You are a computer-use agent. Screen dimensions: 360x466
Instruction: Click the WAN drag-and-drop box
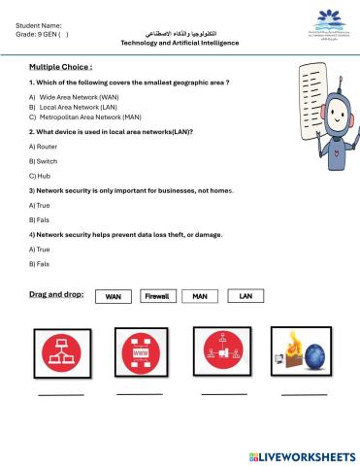tap(113, 296)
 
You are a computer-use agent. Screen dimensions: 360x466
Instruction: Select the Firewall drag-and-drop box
tap(156, 296)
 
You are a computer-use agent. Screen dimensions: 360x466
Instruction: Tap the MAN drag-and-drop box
tap(200, 296)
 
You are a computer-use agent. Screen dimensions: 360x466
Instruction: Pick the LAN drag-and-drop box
tap(245, 296)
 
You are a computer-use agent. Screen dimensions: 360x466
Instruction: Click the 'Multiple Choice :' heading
tap(60, 68)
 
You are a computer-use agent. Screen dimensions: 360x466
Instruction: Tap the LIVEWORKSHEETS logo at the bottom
tap(302, 455)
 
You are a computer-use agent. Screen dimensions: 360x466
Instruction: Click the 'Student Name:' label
tap(40, 24)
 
